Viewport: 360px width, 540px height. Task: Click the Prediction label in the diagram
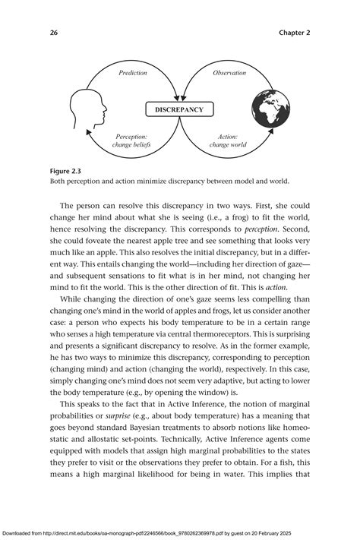click(x=132, y=73)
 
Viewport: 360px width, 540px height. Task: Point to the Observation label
click(x=229, y=73)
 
